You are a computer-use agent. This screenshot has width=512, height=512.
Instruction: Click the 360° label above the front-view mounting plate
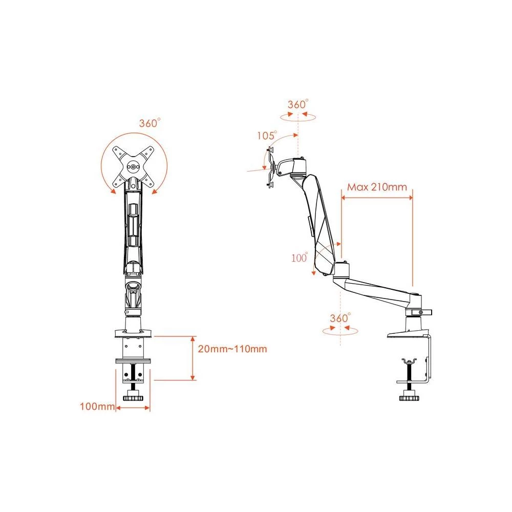(150, 123)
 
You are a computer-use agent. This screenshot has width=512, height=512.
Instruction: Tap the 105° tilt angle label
(267, 136)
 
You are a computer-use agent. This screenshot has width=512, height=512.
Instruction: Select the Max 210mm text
(377, 186)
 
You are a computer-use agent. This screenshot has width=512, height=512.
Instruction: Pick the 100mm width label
(96, 407)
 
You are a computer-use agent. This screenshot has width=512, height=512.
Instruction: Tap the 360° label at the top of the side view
(297, 104)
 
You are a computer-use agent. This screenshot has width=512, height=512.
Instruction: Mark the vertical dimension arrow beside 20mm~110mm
(193, 358)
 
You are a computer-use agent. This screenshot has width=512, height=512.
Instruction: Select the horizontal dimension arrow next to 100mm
(133, 408)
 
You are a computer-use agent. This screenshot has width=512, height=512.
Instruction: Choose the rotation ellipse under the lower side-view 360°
(340, 330)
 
